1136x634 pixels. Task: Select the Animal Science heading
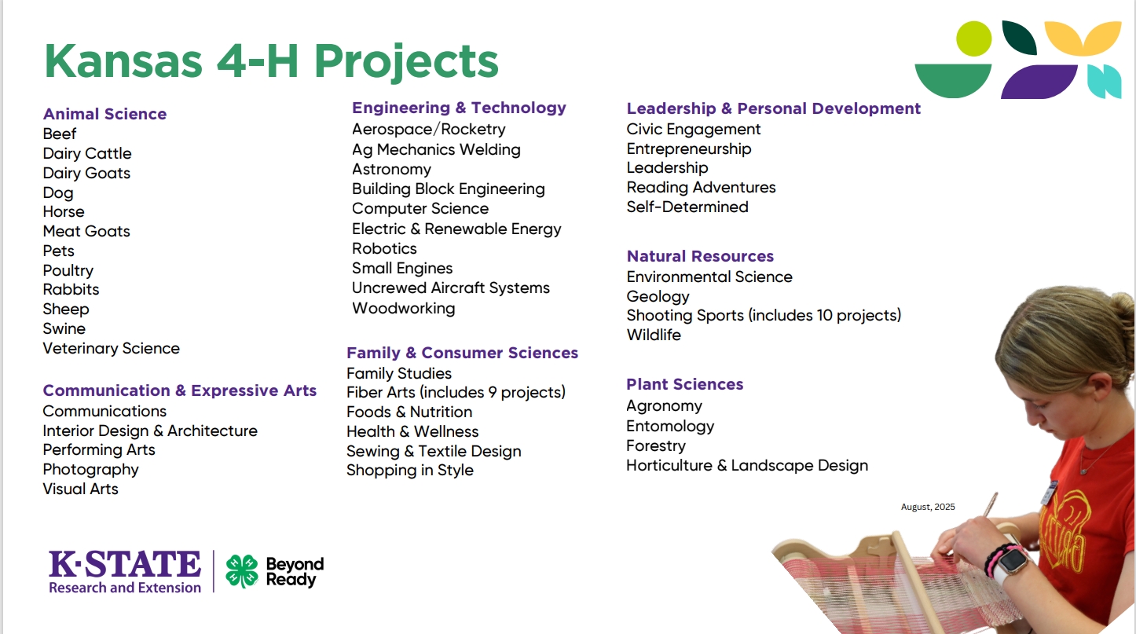click(x=104, y=114)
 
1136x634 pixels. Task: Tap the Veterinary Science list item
click(x=111, y=348)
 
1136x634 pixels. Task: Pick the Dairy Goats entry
click(x=86, y=173)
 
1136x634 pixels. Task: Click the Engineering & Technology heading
click(x=459, y=108)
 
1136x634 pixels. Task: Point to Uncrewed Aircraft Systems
click(x=450, y=288)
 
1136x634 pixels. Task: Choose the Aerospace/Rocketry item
click(x=428, y=129)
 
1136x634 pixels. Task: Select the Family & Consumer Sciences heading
click(x=462, y=353)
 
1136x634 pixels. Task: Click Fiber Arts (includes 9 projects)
click(x=456, y=392)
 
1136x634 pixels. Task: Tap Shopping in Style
click(x=409, y=470)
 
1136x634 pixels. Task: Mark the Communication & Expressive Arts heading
click(x=179, y=390)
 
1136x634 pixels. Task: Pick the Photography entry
click(x=90, y=469)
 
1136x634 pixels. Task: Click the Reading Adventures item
click(x=701, y=187)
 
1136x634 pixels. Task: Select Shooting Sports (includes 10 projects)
click(x=764, y=315)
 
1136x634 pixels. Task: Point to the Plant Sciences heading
click(x=684, y=384)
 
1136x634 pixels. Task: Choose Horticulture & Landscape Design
click(x=746, y=465)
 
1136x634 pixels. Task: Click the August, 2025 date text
click(x=928, y=507)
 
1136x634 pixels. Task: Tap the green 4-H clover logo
click(x=242, y=571)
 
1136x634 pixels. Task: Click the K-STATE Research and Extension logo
click(x=125, y=571)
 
